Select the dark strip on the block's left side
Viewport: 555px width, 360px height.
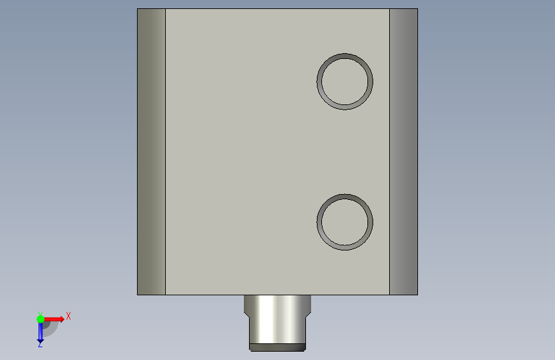(x=152, y=152)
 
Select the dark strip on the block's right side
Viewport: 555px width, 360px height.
(x=403, y=152)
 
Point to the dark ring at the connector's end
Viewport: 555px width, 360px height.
(x=278, y=347)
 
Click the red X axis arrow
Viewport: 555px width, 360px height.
(x=54, y=319)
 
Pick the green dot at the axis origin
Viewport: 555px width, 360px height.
(x=40, y=319)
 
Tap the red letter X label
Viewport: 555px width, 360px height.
(x=68, y=316)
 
